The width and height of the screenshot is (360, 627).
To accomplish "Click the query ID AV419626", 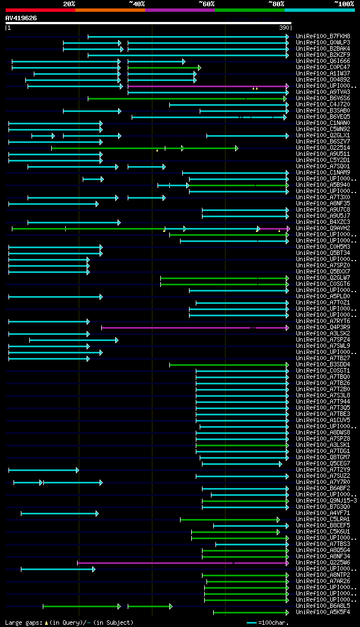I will [21, 18].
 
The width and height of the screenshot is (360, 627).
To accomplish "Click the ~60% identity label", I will [206, 3].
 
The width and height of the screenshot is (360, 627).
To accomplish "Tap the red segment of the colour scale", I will [40, 10].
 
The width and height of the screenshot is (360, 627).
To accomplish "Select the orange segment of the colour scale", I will [110, 10].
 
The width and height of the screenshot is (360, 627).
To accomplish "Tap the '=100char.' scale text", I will [272, 622].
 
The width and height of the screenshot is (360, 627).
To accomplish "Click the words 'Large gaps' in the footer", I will [20, 622].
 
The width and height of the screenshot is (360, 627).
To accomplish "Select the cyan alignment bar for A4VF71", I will [59, 513].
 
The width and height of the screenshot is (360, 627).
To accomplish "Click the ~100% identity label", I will [344, 3].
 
